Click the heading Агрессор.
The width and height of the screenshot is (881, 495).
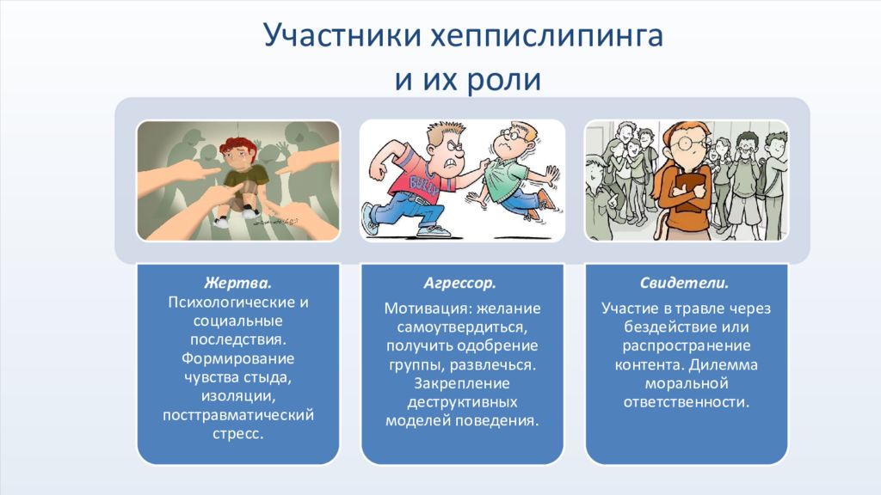459,283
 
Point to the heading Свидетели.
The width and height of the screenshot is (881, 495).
684,283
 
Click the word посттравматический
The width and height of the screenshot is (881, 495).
238,415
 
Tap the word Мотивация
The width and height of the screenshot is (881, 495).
428,309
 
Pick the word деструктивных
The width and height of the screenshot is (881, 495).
462,402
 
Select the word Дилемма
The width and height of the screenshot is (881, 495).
723,364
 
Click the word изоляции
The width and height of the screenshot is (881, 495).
238,396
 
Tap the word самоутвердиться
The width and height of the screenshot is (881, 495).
462,327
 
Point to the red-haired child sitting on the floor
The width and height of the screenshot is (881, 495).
242,180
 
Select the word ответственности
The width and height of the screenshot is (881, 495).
686,402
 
